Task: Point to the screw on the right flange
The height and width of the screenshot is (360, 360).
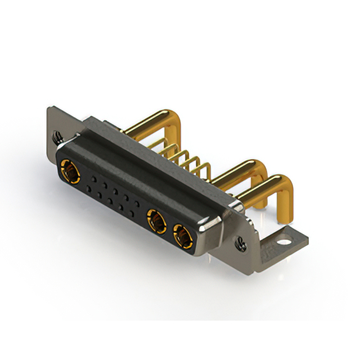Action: point(241,244)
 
